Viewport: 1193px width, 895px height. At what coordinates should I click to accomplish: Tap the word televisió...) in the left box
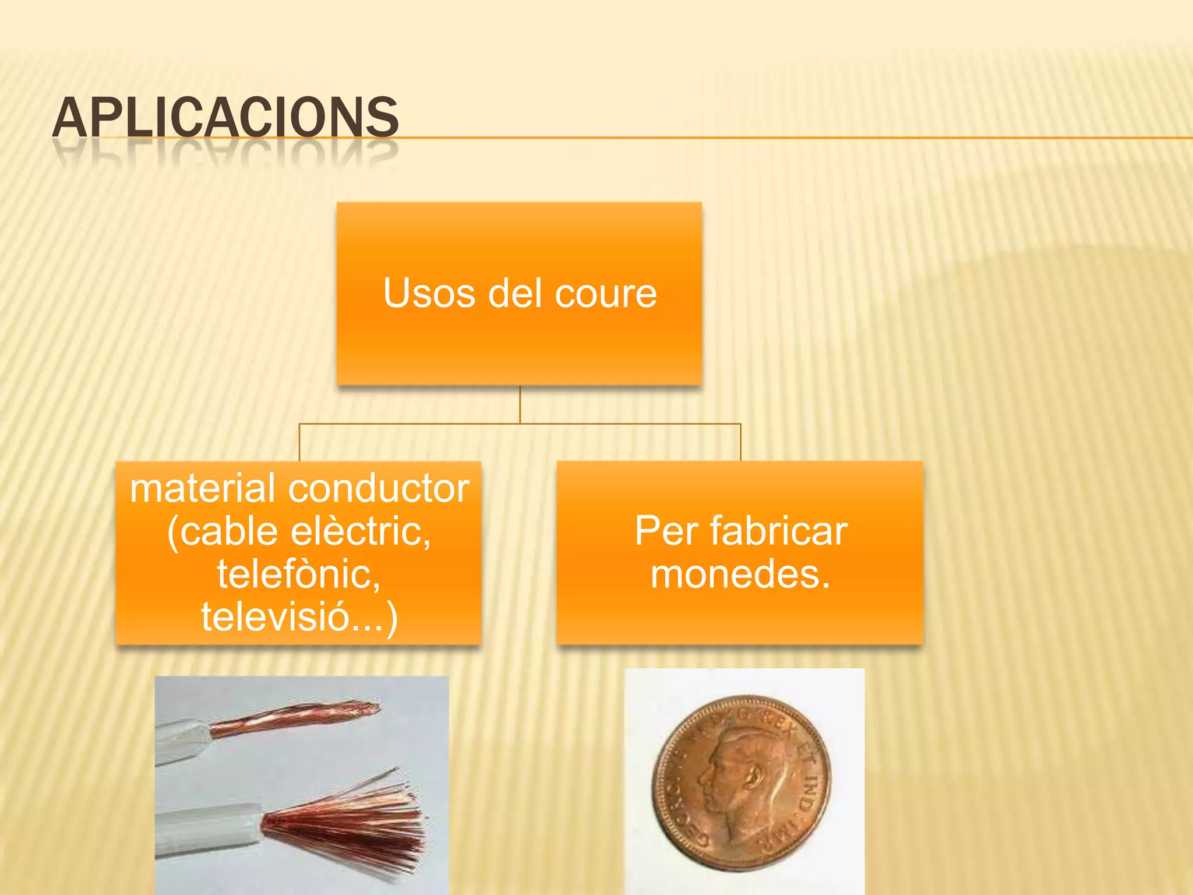[x=299, y=616]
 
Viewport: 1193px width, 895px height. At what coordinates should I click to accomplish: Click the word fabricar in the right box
[x=779, y=531]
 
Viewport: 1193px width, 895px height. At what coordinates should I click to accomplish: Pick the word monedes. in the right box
[x=740, y=575]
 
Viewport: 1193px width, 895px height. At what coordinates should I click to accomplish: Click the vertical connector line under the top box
[x=520, y=404]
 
